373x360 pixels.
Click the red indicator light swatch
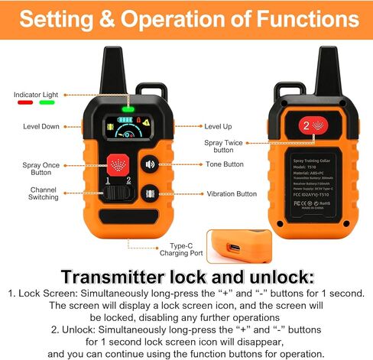pos(24,101)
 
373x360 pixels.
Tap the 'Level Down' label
pos(41,125)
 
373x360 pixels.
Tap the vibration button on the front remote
pos(151,194)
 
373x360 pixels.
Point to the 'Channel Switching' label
pos(44,193)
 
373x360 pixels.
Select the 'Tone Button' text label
pos(225,164)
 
